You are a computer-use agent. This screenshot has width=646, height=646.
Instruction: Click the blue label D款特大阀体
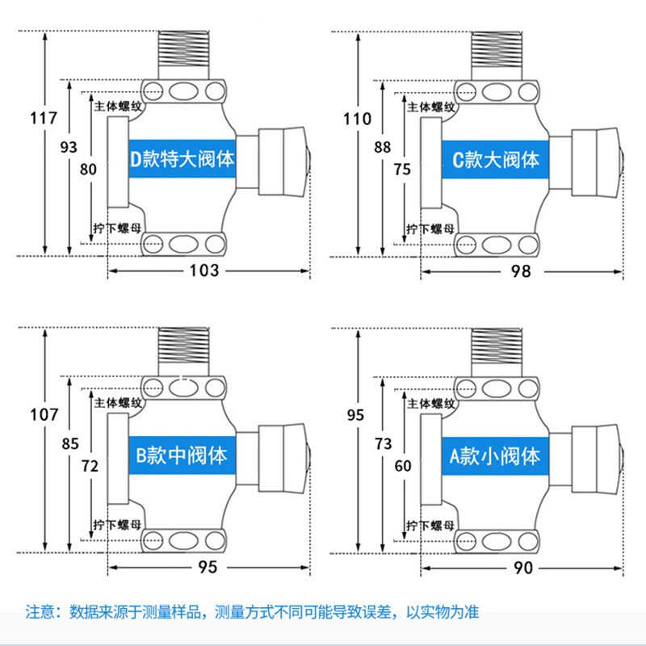(182, 159)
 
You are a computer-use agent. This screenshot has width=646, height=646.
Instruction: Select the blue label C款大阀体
(495, 159)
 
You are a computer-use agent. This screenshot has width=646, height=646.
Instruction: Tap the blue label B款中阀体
(182, 455)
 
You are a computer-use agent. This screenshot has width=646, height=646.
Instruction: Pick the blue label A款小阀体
(495, 455)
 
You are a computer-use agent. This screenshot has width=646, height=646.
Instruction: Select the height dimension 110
(357, 119)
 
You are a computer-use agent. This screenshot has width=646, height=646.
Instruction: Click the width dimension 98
(521, 271)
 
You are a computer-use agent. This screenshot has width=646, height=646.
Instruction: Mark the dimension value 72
(90, 466)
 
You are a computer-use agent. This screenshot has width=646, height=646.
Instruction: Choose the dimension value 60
(401, 466)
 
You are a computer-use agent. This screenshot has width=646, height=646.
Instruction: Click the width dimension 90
(522, 568)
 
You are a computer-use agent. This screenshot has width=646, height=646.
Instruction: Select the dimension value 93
(69, 146)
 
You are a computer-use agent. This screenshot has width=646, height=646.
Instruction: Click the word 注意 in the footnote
(38, 611)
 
